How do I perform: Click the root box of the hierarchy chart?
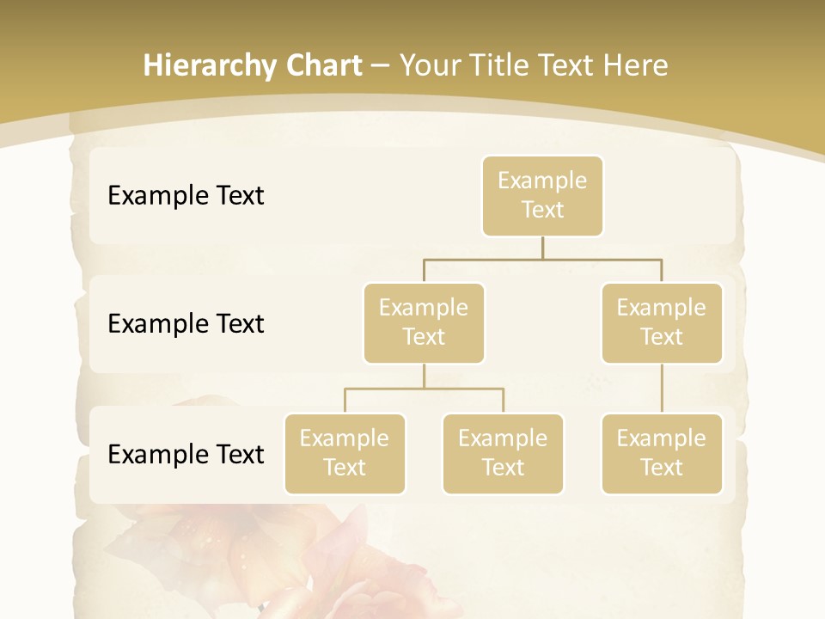coord(542,195)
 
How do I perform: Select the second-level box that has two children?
coord(424,322)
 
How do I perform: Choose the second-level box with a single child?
coord(662,322)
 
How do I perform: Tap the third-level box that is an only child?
coord(662,453)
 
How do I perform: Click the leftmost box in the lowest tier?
coord(345,453)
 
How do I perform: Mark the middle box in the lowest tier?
coord(503,453)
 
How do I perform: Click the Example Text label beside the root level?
coord(186,195)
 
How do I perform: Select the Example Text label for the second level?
coord(186,323)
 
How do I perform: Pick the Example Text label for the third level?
coord(186,454)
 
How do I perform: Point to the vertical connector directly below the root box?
coord(542,248)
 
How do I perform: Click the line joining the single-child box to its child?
coord(662,389)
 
